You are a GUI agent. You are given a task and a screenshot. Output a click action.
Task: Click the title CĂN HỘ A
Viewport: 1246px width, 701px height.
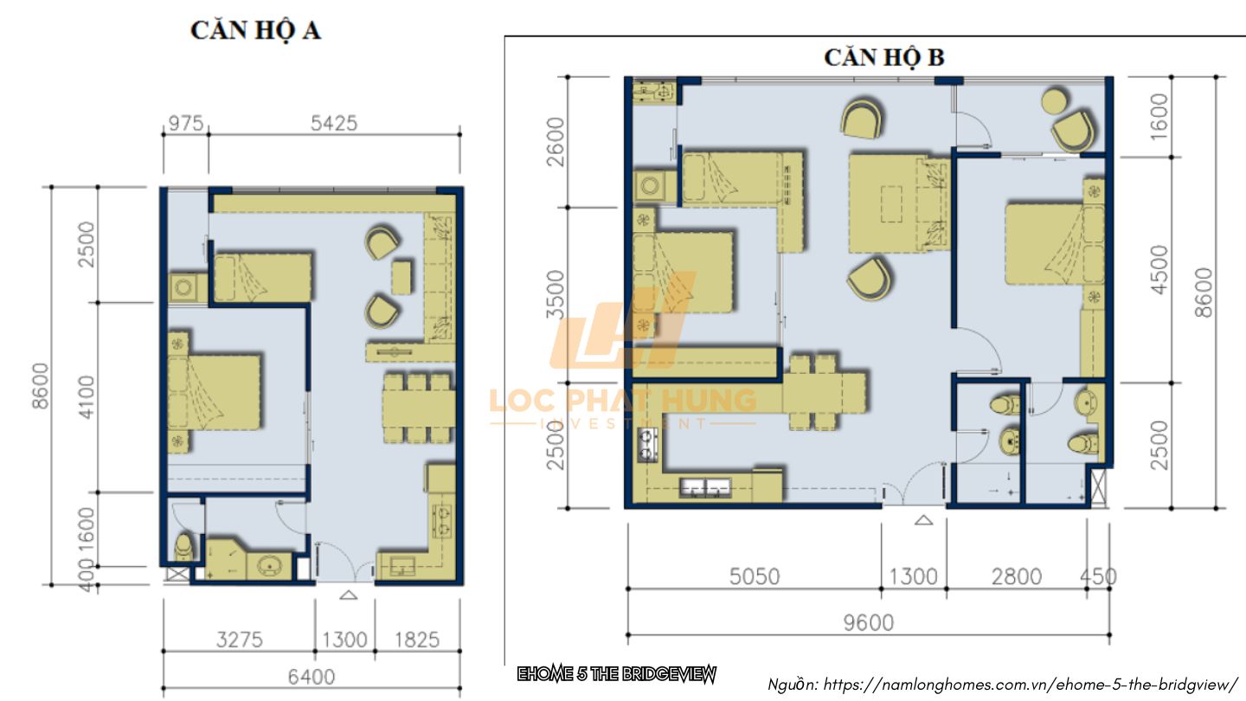pyautogui.click(x=256, y=30)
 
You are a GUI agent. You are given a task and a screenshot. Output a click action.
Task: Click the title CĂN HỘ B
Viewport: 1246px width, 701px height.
pyautogui.click(x=884, y=57)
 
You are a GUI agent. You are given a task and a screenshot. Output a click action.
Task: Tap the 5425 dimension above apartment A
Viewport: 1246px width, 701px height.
pyautogui.click(x=334, y=123)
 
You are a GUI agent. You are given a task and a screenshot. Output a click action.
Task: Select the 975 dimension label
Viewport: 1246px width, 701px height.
pyautogui.click(x=186, y=123)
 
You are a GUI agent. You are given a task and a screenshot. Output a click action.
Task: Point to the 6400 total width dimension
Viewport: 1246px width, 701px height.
pyautogui.click(x=311, y=677)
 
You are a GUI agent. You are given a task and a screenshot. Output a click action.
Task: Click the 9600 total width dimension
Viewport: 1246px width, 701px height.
pyautogui.click(x=869, y=622)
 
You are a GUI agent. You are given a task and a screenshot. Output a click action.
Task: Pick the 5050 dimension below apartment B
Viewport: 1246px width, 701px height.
pyautogui.click(x=755, y=576)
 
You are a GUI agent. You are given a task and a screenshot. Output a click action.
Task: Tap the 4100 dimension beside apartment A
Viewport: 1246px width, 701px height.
pyautogui.click(x=87, y=396)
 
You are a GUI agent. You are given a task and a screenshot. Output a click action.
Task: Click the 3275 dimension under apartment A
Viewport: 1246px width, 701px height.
pyautogui.click(x=239, y=640)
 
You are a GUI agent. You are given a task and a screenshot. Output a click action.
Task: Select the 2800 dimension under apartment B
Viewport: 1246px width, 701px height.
pyautogui.click(x=1016, y=576)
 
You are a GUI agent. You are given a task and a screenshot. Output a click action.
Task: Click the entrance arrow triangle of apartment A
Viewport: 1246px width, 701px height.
pyautogui.click(x=348, y=595)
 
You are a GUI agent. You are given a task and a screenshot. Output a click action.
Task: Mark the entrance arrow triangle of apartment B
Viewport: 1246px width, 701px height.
pyautogui.click(x=924, y=521)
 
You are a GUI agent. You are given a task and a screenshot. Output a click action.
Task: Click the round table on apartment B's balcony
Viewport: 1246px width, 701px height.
pyautogui.click(x=1055, y=101)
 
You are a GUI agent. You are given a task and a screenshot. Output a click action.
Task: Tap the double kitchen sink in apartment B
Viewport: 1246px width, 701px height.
pyautogui.click(x=704, y=487)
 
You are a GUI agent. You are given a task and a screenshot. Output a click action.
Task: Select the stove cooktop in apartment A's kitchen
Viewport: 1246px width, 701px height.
pyautogui.click(x=443, y=521)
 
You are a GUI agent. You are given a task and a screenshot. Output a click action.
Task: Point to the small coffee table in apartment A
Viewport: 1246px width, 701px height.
pyautogui.click(x=401, y=278)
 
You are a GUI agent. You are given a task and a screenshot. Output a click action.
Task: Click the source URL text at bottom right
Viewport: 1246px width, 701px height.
pyautogui.click(x=1003, y=685)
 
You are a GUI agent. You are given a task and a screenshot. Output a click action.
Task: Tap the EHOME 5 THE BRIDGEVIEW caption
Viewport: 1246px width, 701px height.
pyautogui.click(x=617, y=674)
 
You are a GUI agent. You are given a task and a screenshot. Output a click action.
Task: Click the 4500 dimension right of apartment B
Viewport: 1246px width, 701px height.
pyautogui.click(x=1159, y=270)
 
